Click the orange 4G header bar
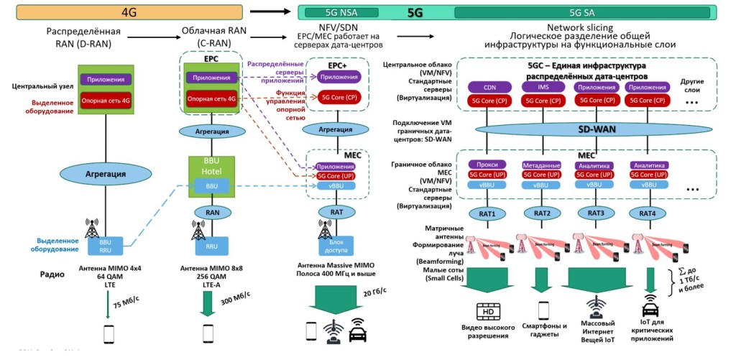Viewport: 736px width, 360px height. coord(129,11)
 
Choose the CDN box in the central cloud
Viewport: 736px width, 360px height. coord(489,88)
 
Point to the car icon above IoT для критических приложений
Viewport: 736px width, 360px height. coord(650,311)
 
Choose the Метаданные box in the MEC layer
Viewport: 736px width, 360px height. coord(542,165)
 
